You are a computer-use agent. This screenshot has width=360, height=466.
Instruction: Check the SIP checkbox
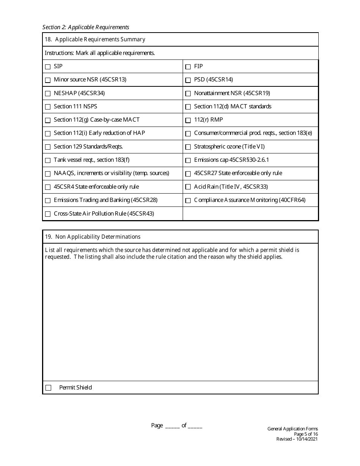click(48, 67)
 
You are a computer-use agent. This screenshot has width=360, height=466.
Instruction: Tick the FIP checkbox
click(188, 67)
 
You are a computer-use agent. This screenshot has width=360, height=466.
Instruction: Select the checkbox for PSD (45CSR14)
click(188, 80)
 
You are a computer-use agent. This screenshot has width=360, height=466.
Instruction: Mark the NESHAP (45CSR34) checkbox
click(48, 94)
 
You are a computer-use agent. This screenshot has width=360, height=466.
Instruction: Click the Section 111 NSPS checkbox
click(48, 107)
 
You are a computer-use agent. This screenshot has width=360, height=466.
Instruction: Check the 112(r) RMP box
click(188, 120)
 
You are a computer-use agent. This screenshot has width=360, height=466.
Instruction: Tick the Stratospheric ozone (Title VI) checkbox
click(188, 147)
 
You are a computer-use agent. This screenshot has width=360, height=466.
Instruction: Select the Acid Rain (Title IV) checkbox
click(188, 187)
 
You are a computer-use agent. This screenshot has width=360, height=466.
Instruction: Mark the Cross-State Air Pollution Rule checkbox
click(48, 214)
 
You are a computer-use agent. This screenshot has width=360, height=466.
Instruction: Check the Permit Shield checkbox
click(48, 388)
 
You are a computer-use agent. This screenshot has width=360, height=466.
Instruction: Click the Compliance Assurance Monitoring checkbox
click(188, 200)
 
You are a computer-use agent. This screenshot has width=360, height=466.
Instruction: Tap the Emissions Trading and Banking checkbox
click(48, 200)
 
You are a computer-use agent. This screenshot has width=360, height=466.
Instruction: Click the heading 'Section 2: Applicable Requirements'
click(86, 27)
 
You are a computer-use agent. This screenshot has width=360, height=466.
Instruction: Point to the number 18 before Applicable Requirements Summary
click(48, 39)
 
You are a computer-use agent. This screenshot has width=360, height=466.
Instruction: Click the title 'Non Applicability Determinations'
click(98, 237)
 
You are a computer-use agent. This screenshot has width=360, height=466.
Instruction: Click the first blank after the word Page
click(172, 426)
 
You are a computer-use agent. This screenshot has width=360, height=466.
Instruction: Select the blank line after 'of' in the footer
click(195, 426)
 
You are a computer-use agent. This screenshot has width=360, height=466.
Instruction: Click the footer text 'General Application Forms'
click(293, 429)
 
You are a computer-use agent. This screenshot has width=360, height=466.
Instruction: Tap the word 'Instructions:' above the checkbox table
click(59, 53)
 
